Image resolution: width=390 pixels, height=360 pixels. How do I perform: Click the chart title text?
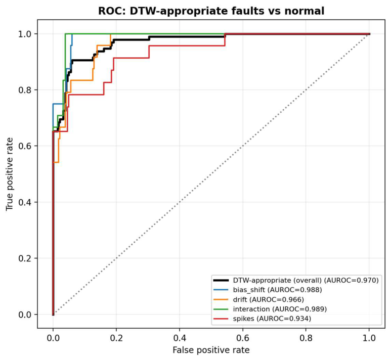click(211, 11)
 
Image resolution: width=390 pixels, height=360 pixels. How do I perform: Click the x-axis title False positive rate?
click(211, 350)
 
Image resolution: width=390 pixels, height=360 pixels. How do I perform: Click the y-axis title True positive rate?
click(10, 174)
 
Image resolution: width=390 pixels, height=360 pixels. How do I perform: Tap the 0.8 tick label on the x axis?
click(306, 338)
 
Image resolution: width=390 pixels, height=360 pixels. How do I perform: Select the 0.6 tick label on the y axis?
click(24, 146)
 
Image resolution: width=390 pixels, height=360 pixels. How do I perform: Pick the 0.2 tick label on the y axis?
click(24, 258)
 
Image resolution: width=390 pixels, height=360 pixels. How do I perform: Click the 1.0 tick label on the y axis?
click(24, 34)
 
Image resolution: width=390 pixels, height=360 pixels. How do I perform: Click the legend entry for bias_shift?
click(268, 290)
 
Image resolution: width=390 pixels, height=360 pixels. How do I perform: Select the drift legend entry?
click(258, 299)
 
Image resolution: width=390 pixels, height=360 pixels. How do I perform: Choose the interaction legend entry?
click(270, 309)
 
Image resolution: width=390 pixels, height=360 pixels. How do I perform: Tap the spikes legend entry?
click(262, 319)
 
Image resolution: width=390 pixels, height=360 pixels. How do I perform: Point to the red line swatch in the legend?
click(221, 319)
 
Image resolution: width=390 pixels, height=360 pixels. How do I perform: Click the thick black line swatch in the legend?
click(221, 281)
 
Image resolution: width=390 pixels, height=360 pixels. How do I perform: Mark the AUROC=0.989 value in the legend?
click(299, 309)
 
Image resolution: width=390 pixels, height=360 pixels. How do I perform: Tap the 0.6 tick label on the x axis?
click(242, 338)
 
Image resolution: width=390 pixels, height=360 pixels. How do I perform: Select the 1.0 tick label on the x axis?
click(369, 338)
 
